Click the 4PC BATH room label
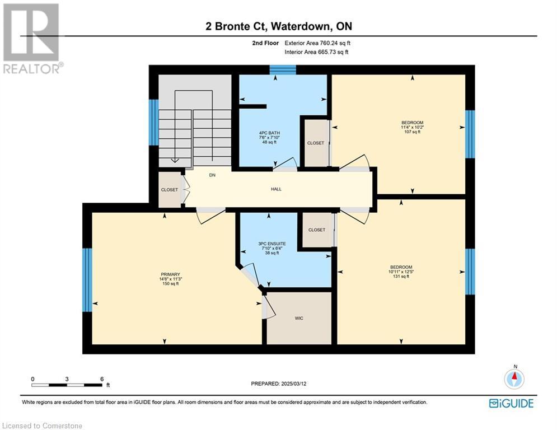coord(269,133)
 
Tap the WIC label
coord(299,319)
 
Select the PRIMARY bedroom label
coord(171,274)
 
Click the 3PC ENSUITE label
coord(272,244)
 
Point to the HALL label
coord(276,189)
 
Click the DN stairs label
coord(212,175)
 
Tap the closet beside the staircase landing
coord(170,190)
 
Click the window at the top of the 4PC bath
coord(283,69)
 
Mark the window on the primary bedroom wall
coord(87,280)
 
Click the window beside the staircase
coord(153,122)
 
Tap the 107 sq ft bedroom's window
coord(470,134)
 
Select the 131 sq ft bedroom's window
coord(470,272)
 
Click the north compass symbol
coord(514,378)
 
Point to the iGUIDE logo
coord(511,403)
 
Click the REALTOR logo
coord(32,39)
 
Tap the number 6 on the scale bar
coord(102,379)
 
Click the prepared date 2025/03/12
coord(294,384)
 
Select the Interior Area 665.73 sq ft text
coord(316,52)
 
